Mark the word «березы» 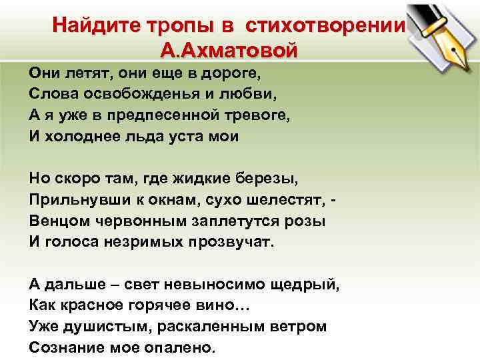click(265, 179)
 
